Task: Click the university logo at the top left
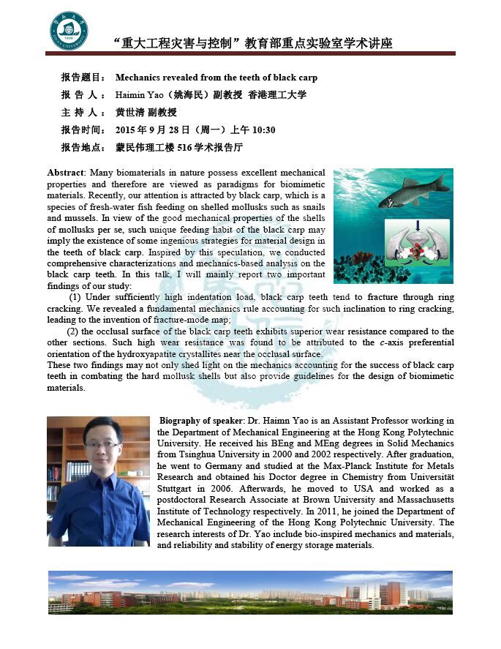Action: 68,30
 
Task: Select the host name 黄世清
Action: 130,113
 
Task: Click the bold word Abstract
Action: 66,172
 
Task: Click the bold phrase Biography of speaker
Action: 202,421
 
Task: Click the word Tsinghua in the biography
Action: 197,443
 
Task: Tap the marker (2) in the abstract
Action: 73,331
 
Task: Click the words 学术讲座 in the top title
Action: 365,43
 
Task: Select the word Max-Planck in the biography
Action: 344,455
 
